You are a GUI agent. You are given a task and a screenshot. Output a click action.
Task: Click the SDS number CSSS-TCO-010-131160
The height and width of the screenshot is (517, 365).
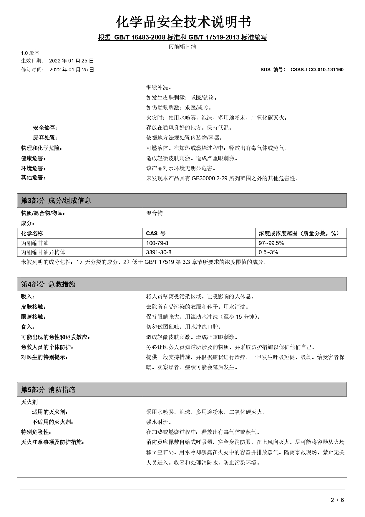(x=317, y=70)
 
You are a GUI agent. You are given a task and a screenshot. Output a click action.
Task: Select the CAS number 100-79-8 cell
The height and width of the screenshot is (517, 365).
(x=157, y=243)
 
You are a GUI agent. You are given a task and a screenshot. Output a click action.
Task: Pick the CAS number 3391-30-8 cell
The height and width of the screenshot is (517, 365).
(x=159, y=252)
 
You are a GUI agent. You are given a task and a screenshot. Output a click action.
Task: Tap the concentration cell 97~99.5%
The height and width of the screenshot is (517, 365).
(x=271, y=243)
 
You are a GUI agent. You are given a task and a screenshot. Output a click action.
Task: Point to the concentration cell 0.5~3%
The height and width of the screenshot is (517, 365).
(x=268, y=252)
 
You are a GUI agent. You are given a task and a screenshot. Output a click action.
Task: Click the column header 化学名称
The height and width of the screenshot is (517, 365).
(x=32, y=233)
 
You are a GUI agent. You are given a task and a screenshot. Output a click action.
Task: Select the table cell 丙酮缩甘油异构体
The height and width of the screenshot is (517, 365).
(x=43, y=252)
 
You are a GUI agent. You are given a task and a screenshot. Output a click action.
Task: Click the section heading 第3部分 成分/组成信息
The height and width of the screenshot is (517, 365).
(x=56, y=201)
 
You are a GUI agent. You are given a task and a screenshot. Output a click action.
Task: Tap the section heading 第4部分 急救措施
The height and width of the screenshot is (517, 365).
(x=48, y=284)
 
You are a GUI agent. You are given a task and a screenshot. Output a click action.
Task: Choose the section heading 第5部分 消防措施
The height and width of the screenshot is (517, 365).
(x=48, y=390)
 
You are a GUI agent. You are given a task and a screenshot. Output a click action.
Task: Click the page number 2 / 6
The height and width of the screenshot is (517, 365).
(x=337, y=500)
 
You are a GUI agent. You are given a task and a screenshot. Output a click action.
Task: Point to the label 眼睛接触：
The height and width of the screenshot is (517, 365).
(x=33, y=317)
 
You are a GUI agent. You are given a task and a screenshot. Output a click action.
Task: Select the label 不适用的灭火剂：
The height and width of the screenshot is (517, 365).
(x=52, y=422)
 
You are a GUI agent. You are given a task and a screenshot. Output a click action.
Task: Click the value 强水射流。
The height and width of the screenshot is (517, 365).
(x=159, y=422)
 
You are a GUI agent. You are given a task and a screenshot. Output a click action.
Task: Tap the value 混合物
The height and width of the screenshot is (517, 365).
(x=155, y=213)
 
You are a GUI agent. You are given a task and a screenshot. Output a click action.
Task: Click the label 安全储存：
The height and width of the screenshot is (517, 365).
(x=45, y=128)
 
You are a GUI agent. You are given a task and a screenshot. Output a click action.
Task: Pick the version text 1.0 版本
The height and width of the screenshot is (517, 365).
(x=30, y=53)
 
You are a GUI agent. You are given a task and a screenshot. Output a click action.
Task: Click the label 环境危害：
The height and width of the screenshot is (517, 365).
(x=33, y=169)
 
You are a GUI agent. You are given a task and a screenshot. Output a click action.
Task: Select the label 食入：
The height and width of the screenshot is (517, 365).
(x=28, y=327)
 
